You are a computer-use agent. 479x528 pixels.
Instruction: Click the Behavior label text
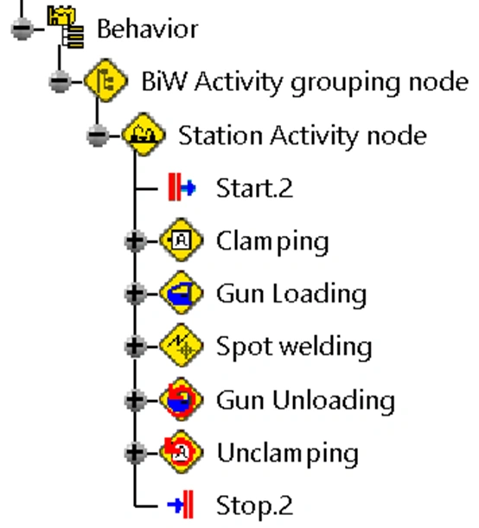point(147,29)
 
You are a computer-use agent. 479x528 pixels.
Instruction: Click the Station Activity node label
point(302,136)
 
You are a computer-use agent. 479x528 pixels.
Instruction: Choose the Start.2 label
point(254,188)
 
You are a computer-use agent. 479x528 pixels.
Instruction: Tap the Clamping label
point(272,241)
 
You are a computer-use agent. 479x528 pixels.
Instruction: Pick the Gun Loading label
point(291,295)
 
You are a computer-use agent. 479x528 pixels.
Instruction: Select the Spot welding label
point(294,347)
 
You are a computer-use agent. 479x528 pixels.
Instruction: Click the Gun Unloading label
point(305,400)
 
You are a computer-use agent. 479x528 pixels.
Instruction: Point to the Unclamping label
point(286,453)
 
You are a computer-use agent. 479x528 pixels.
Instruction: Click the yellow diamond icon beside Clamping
point(182,241)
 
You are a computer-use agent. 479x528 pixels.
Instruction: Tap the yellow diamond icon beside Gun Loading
point(182,295)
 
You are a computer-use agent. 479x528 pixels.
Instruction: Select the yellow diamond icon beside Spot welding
point(182,347)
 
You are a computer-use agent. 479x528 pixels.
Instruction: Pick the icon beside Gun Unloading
point(182,400)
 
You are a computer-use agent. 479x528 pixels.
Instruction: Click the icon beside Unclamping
point(182,453)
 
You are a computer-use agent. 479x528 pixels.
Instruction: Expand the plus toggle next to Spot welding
point(134,347)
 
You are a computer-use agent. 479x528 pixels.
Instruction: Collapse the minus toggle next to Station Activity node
point(98,136)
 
